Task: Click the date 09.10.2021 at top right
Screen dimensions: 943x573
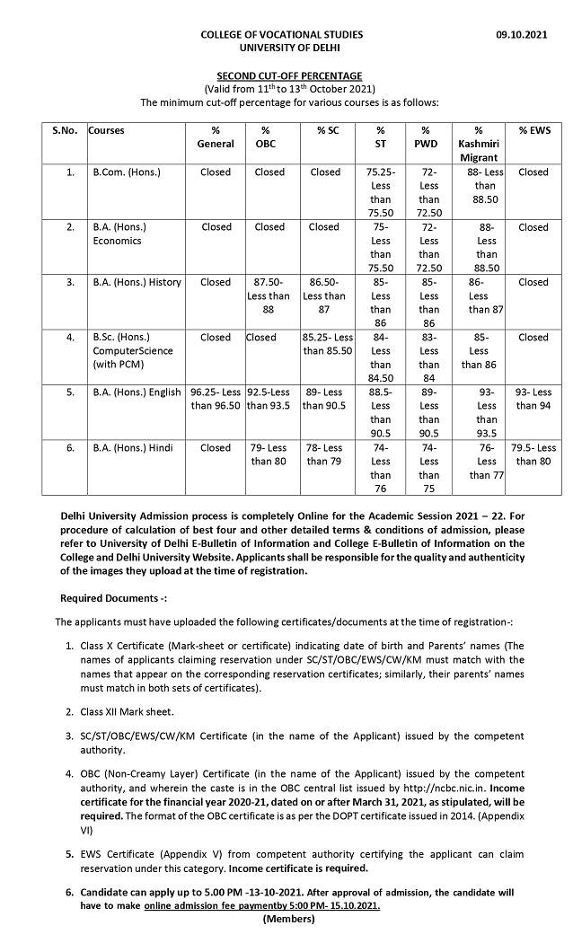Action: (x=522, y=34)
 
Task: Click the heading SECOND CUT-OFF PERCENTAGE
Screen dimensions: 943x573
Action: (x=289, y=76)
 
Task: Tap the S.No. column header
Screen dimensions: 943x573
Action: (x=65, y=130)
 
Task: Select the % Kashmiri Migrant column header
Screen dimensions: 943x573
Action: (x=478, y=144)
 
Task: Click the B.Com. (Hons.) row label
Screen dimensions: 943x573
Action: (x=127, y=172)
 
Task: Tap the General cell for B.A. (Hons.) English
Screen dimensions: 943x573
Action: (x=216, y=399)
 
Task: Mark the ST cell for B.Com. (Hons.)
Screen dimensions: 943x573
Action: (x=381, y=191)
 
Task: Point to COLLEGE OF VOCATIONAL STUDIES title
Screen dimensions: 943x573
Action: (x=282, y=34)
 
